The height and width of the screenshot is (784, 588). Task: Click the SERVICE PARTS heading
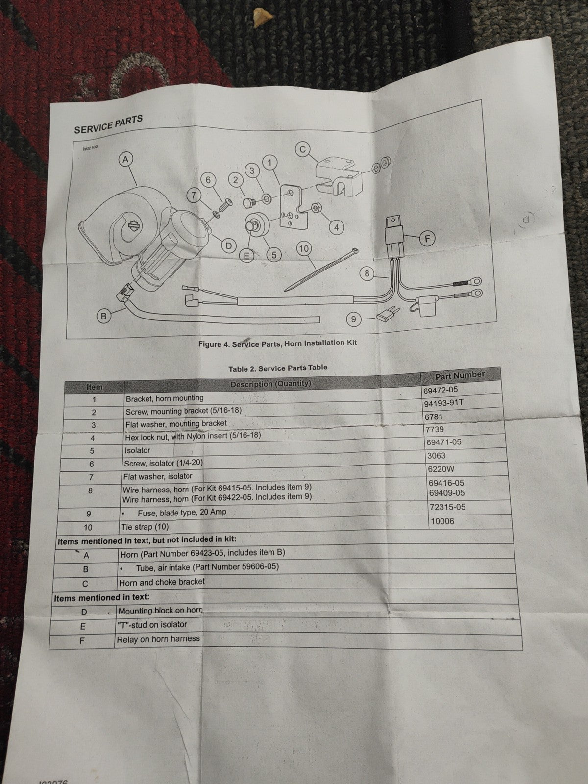[108, 124]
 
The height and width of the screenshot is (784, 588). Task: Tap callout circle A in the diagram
[126, 159]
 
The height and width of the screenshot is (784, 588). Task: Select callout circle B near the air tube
[103, 316]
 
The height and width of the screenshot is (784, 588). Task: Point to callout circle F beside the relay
[428, 239]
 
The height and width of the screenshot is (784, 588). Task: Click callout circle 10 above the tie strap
[304, 249]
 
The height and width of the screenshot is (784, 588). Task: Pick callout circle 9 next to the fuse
[353, 320]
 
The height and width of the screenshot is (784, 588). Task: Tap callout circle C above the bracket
[303, 149]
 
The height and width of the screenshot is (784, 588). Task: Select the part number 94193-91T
[444, 404]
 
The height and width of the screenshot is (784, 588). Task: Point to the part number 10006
[442, 521]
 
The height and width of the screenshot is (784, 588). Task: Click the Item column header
[95, 387]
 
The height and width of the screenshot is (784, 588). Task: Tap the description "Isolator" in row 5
[137, 450]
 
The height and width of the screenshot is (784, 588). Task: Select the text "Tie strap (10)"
[146, 527]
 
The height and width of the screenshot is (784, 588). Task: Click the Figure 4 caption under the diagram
[277, 343]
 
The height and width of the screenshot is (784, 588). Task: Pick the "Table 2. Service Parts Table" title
[278, 368]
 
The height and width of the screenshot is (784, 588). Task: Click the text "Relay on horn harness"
[158, 639]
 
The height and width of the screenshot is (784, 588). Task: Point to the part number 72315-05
[447, 507]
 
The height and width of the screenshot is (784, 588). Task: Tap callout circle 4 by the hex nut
[337, 227]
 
